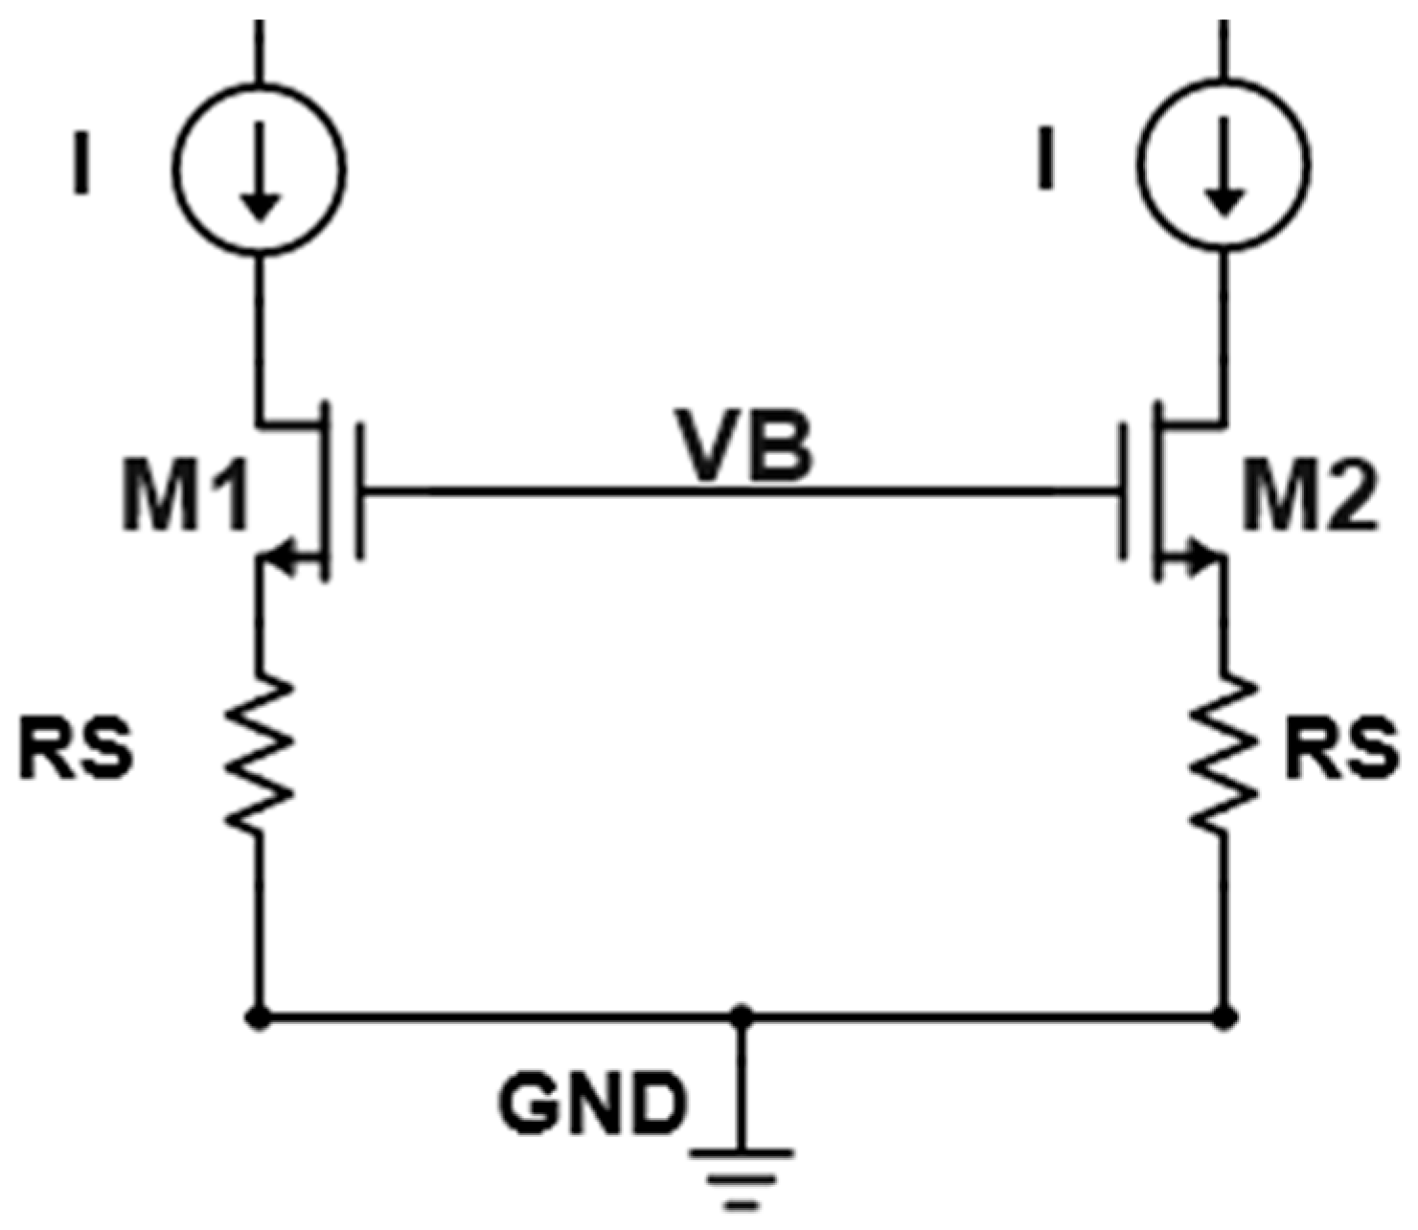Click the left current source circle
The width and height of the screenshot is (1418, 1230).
(x=259, y=170)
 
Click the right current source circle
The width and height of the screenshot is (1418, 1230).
(x=1224, y=170)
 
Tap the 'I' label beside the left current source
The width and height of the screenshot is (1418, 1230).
(x=84, y=165)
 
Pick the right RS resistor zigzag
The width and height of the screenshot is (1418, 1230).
(x=1224, y=752)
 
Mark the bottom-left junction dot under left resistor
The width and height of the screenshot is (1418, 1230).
(x=257, y=1015)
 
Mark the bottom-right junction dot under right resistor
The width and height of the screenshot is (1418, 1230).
(x=1224, y=1015)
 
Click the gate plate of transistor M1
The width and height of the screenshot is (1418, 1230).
(x=358, y=490)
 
